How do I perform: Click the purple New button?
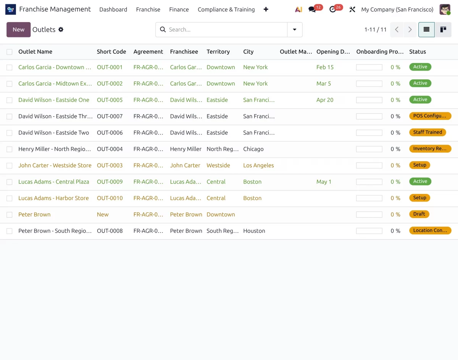(18, 29)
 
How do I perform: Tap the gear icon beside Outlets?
(61, 29)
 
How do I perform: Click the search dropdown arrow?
(295, 29)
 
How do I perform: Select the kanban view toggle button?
(443, 29)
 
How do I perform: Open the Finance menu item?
(179, 10)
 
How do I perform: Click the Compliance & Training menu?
(226, 10)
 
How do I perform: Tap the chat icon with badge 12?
(312, 10)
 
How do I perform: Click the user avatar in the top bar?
(445, 10)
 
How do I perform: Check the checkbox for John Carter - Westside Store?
(9, 166)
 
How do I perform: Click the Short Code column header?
(111, 52)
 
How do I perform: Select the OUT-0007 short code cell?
(110, 116)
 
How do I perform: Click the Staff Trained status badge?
(427, 132)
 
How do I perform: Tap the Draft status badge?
(419, 214)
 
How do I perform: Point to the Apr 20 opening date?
(325, 100)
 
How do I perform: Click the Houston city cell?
(254, 231)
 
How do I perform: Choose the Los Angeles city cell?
(258, 165)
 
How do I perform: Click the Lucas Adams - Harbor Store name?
(53, 198)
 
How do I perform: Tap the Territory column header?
(218, 52)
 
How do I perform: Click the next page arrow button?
(410, 29)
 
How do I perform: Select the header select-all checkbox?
(9, 52)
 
